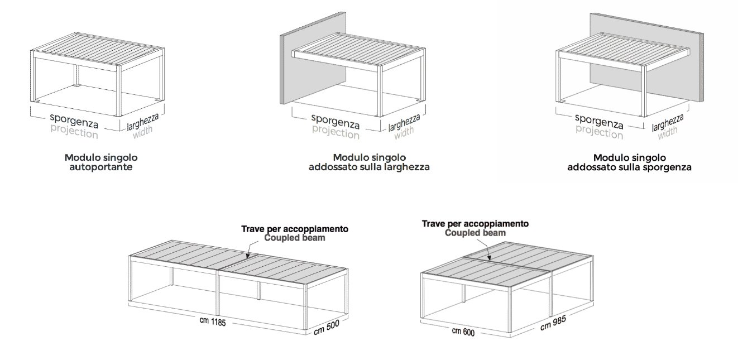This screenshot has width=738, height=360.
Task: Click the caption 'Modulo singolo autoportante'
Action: (101, 162)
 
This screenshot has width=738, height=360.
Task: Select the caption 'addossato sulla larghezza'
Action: (369, 167)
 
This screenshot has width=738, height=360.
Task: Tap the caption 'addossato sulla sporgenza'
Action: (629, 167)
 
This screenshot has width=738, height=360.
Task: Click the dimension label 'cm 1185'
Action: (213, 321)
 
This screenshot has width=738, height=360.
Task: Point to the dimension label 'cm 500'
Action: (326, 328)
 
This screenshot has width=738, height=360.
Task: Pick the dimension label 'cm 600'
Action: (463, 331)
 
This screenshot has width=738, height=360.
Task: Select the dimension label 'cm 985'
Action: (553, 323)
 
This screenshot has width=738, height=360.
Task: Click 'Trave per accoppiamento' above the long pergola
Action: (295, 229)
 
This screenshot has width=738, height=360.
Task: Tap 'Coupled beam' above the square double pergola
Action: (475, 233)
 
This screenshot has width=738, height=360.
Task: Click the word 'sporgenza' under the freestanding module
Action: (74, 121)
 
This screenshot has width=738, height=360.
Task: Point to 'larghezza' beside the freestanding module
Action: (143, 122)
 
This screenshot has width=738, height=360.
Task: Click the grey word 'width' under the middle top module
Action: (404, 132)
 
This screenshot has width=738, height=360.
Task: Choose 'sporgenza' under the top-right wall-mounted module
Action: (599, 122)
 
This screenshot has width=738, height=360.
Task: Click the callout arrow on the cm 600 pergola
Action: (485, 249)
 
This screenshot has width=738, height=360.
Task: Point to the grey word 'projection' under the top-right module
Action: (600, 132)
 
